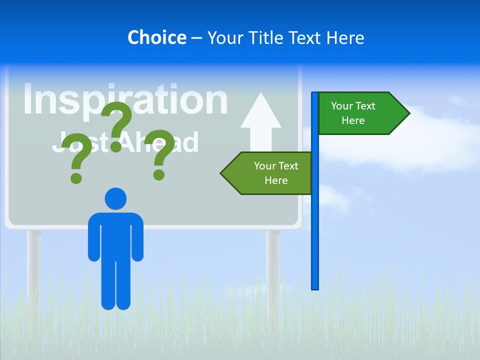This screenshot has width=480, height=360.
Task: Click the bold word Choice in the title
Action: pyautogui.click(x=156, y=37)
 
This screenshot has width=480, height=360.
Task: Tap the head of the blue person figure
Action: pyautogui.click(x=115, y=198)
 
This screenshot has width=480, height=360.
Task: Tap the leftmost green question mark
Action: pyautogui.click(x=76, y=156)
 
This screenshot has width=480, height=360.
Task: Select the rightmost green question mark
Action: pyautogui.click(x=160, y=153)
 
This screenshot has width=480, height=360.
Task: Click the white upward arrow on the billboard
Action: pyautogui.click(x=260, y=122)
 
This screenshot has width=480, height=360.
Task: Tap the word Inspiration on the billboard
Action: pyautogui.click(x=125, y=100)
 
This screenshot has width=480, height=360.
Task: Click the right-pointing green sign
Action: pyautogui.click(x=357, y=113)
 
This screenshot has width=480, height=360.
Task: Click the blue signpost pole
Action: pyautogui.click(x=315, y=225)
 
